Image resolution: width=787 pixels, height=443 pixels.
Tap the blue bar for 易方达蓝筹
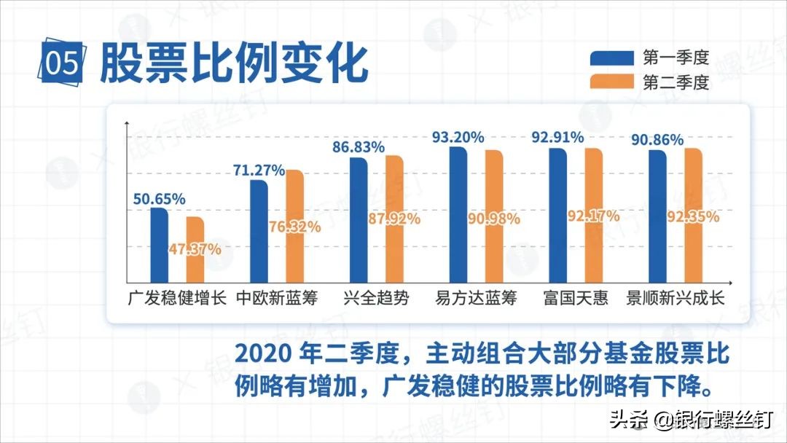(x=458, y=214)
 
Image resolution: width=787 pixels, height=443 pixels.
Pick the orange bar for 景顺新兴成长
(x=692, y=215)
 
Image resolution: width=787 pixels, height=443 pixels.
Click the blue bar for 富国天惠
(x=557, y=215)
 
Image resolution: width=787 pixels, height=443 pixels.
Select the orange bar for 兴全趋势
(x=394, y=219)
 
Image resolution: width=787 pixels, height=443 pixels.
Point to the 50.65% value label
(x=159, y=199)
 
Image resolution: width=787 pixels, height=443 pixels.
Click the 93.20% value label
(x=458, y=137)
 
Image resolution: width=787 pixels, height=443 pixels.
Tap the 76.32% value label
(x=294, y=227)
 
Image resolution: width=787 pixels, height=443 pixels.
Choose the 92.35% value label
(x=693, y=216)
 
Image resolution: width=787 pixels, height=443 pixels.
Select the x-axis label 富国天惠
(x=576, y=299)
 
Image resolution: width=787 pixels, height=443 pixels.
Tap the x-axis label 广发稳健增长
(x=177, y=299)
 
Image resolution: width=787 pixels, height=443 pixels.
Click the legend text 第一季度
(x=676, y=58)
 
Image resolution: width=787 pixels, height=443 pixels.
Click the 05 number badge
(x=62, y=65)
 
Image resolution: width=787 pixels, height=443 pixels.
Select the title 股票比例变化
(x=233, y=64)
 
